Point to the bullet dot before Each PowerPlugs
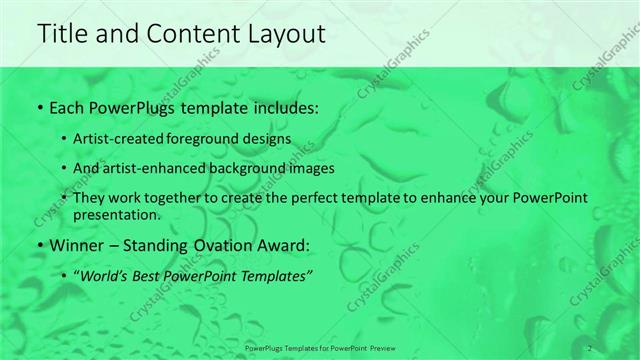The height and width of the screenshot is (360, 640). point(39,105)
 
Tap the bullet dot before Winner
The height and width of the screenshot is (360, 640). point(39,244)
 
